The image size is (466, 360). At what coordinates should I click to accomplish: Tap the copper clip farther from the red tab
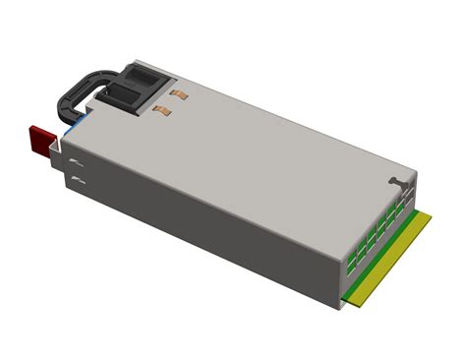[x=180, y=94]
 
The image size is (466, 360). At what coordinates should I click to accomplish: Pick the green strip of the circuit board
[x=379, y=252]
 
